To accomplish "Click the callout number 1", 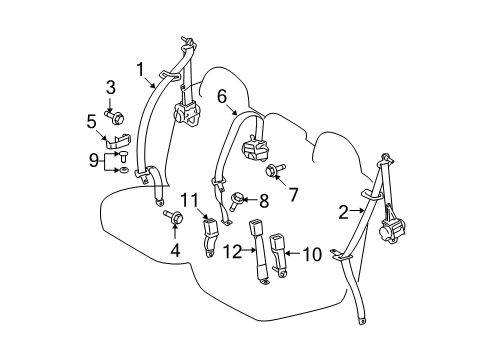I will [141, 69].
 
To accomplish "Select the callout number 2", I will [343, 211].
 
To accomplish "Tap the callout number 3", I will [112, 87].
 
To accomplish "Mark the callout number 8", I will [265, 200].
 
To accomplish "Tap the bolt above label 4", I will [166, 214].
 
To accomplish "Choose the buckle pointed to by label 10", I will [276, 244].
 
